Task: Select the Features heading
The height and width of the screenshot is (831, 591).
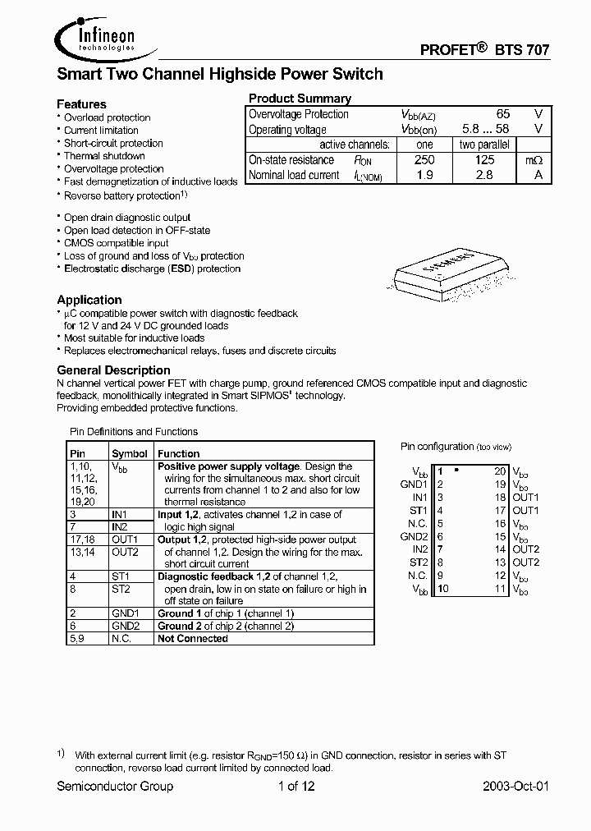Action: coord(81,104)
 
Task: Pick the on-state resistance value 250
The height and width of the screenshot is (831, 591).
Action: coord(424,160)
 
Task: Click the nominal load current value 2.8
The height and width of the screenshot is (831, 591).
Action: coord(484,175)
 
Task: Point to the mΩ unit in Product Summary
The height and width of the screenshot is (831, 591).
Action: coord(534,160)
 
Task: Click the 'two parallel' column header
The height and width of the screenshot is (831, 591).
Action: coord(484,145)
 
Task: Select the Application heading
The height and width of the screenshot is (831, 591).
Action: coord(89,300)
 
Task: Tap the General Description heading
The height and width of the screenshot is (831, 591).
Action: coord(113,370)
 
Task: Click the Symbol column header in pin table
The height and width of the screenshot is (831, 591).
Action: coord(130,453)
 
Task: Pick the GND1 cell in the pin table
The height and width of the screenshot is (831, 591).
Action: coord(126,613)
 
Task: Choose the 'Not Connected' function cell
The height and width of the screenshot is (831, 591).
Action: coord(193,638)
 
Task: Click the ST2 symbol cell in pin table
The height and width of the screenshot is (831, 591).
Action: coord(121,589)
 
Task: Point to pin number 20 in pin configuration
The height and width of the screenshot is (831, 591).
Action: coord(500,471)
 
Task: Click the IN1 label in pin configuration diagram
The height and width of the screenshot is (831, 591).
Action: coord(419,498)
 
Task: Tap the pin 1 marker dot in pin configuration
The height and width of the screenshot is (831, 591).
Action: coord(456,471)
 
